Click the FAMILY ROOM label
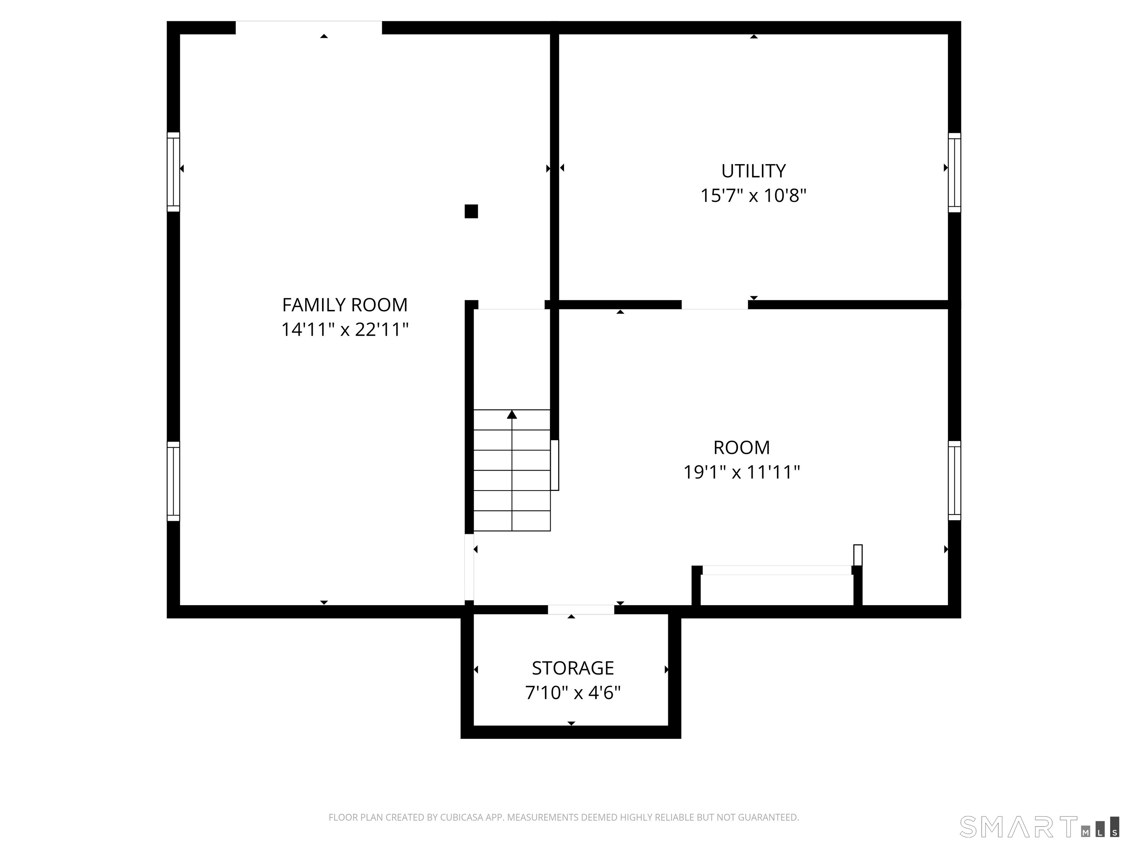pos(345,305)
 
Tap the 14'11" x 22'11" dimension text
pos(345,329)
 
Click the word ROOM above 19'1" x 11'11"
pos(741,448)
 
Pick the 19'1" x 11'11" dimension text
pos(741,472)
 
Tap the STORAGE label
pos(573,668)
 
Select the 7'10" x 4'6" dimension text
pos(573,693)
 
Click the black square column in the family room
pos(471,211)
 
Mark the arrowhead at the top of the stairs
pos(512,415)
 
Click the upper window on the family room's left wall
pos(173,172)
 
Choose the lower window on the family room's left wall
pos(173,481)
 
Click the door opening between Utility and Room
pos(715,304)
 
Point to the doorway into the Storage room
pos(581,610)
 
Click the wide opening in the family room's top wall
pos(308,28)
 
